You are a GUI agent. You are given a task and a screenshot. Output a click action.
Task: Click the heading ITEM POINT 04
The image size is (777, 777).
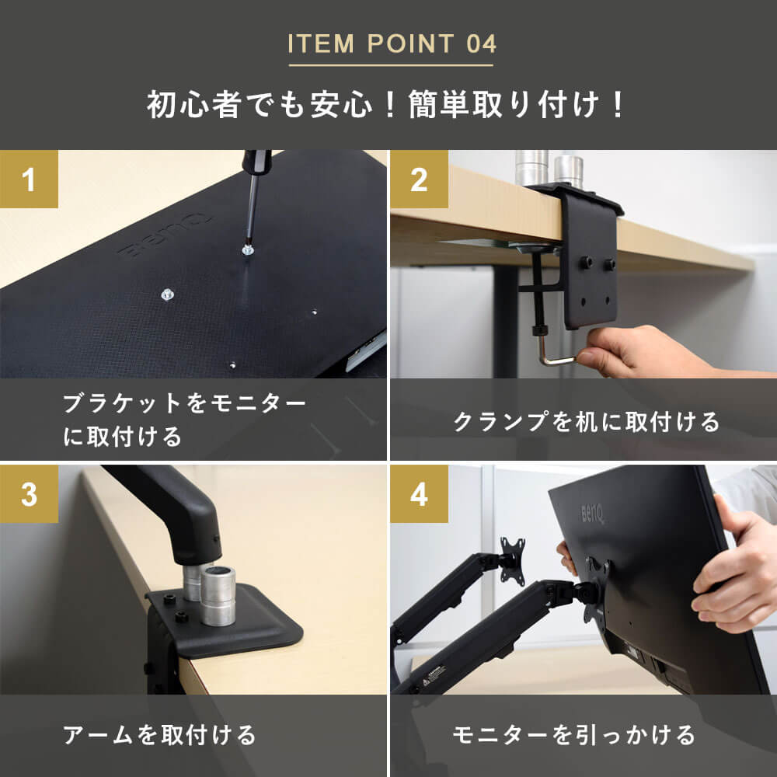(x=392, y=44)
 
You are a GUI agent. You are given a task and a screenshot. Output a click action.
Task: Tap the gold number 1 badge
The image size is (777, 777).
(x=29, y=179)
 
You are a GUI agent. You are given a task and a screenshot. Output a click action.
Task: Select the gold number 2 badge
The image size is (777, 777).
(x=420, y=179)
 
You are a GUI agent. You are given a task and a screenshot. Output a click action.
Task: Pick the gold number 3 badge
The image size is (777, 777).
(x=29, y=493)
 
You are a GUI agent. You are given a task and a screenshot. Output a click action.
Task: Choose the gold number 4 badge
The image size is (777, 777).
(x=420, y=493)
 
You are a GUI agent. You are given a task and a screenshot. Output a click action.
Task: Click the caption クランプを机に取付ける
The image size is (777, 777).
(x=586, y=422)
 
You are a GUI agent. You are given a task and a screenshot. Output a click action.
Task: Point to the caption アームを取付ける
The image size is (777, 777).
(x=159, y=735)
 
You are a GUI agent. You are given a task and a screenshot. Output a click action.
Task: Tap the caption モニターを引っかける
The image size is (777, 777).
(x=574, y=735)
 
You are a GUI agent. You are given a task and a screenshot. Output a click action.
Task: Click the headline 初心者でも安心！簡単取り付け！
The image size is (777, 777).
(x=387, y=105)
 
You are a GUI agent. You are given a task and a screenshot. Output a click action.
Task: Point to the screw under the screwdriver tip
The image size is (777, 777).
(x=248, y=249)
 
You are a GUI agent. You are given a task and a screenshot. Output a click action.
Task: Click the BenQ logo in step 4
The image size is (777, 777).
(x=592, y=514)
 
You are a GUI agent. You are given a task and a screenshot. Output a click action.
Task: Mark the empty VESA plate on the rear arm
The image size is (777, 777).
(x=512, y=560)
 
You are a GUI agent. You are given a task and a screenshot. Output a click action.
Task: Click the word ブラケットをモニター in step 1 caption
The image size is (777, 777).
(x=184, y=403)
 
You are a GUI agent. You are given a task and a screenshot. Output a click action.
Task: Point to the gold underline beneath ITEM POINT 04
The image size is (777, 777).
(x=391, y=65)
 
